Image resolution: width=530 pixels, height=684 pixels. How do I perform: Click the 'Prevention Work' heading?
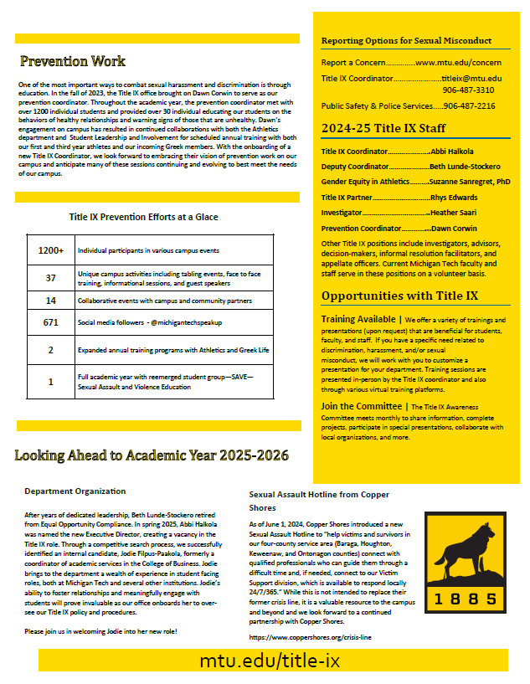point(73,61)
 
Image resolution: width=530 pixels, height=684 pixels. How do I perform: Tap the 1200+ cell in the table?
point(51,250)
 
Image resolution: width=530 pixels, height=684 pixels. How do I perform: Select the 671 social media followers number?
point(51,322)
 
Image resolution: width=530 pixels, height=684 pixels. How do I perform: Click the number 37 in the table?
point(51,278)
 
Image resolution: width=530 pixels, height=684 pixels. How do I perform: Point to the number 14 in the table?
point(51,300)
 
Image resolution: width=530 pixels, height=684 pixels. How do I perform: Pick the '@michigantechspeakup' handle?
point(186,322)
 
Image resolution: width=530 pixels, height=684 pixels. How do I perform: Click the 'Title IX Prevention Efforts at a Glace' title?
point(143,216)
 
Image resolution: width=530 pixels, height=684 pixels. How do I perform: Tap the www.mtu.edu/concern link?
point(458,63)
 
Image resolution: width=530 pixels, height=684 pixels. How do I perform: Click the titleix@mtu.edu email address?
point(472,78)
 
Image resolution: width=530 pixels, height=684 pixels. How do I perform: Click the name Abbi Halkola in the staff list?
point(451,152)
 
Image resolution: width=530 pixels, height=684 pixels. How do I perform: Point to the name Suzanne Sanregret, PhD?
point(470,181)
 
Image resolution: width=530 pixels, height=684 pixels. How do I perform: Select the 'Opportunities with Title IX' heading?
point(399,296)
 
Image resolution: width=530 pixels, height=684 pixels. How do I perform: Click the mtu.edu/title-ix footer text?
point(270,661)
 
